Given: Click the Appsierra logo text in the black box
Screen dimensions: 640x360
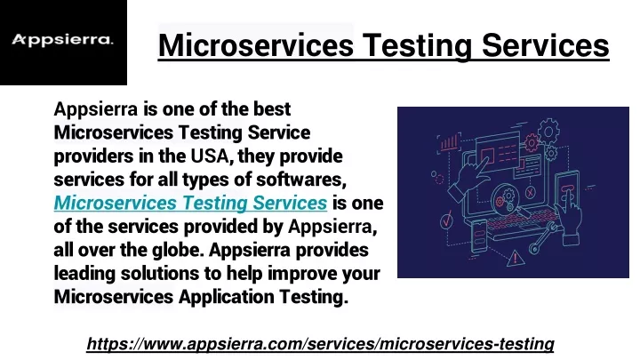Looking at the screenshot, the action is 62,40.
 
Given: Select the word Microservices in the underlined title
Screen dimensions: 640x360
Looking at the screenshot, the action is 256,45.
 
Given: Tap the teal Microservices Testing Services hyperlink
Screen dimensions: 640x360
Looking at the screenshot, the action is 190,203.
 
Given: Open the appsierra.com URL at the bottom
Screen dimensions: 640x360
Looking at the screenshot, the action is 320,344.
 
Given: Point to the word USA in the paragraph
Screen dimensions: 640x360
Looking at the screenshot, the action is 210,156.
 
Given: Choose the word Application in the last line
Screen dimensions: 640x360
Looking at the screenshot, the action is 226,297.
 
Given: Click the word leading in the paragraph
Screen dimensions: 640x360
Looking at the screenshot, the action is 84,274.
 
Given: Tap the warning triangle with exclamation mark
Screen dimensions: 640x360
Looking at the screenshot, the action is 515,259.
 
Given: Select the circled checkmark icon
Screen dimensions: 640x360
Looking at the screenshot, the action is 446,220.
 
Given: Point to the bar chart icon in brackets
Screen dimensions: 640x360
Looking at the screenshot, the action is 449,143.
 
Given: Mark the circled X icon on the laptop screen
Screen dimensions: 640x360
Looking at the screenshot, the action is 530,191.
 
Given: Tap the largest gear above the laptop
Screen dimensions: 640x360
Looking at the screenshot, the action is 548,132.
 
